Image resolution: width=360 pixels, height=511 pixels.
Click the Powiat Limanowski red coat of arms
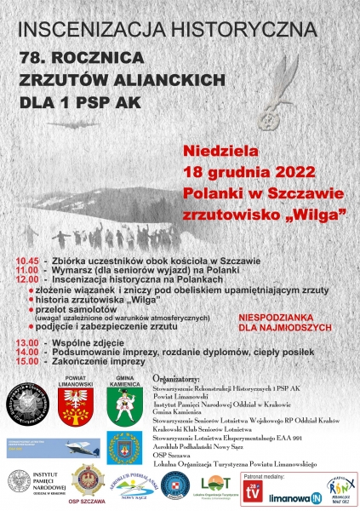(76, 403)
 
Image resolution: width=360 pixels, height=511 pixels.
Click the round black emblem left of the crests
(27, 403)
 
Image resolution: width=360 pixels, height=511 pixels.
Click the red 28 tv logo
(253, 489)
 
